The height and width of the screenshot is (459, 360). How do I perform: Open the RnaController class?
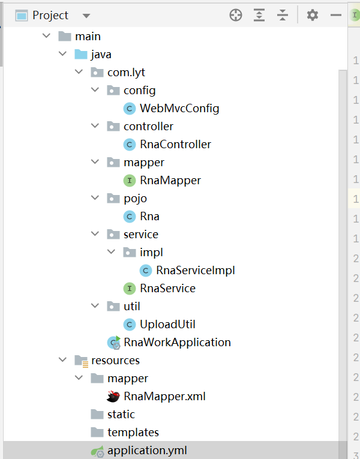click(x=175, y=145)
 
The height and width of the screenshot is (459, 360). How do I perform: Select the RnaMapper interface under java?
click(x=170, y=181)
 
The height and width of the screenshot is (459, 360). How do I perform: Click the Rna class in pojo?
click(x=149, y=217)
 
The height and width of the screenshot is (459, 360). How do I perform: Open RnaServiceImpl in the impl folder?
click(x=195, y=271)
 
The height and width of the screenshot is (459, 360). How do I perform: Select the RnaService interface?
click(x=167, y=289)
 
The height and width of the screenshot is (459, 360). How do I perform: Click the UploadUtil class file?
click(x=167, y=325)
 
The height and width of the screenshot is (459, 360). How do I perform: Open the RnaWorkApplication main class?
click(x=177, y=343)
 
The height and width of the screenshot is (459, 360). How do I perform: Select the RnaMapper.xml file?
click(x=164, y=397)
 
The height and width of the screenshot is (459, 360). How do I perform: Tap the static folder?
click(x=121, y=415)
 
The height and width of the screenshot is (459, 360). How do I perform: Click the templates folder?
click(x=133, y=433)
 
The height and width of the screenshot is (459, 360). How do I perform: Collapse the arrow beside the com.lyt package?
click(x=79, y=73)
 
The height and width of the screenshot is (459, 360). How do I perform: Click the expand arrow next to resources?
click(x=62, y=360)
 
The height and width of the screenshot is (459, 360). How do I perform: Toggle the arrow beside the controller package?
click(x=95, y=127)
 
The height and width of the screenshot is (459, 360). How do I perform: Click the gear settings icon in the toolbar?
click(x=313, y=16)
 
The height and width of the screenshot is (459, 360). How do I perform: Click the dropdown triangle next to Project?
click(x=86, y=16)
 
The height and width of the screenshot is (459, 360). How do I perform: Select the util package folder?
click(x=131, y=307)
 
